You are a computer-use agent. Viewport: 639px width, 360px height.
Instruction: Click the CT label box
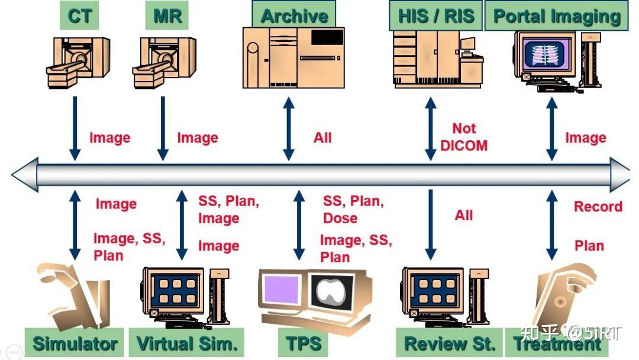80,16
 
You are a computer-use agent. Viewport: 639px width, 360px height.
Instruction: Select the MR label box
167,16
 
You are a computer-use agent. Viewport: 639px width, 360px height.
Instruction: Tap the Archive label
294,16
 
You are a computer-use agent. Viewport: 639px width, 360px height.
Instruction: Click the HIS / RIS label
435,16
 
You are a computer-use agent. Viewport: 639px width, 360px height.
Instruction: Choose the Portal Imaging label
556,17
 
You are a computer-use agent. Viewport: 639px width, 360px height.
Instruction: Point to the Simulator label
75,343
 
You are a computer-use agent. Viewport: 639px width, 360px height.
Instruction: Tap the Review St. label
450,343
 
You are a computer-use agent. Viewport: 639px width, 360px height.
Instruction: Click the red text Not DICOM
464,137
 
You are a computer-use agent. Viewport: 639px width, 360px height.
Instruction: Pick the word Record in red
598,207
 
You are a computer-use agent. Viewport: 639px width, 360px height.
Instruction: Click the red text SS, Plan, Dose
353,210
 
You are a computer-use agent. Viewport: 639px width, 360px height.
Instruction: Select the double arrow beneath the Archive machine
289,128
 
